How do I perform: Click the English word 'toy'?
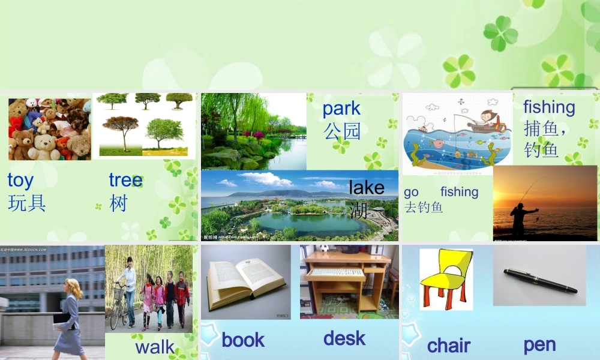click(x=20, y=181)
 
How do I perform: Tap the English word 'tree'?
click(x=125, y=180)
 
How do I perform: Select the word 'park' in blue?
click(x=341, y=109)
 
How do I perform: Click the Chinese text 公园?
click(x=342, y=131)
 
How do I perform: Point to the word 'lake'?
click(x=366, y=188)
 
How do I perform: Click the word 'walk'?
click(x=155, y=347)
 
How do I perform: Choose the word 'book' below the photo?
click(x=243, y=340)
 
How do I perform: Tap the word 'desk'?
click(x=344, y=338)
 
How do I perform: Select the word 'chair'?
click(x=448, y=346)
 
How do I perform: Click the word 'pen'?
click(x=539, y=344)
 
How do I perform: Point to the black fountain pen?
click(x=540, y=280)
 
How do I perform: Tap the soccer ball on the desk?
click(x=325, y=247)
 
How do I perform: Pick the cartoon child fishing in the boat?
click(x=487, y=119)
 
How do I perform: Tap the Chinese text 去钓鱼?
click(x=424, y=208)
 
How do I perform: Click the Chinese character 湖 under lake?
click(x=358, y=210)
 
